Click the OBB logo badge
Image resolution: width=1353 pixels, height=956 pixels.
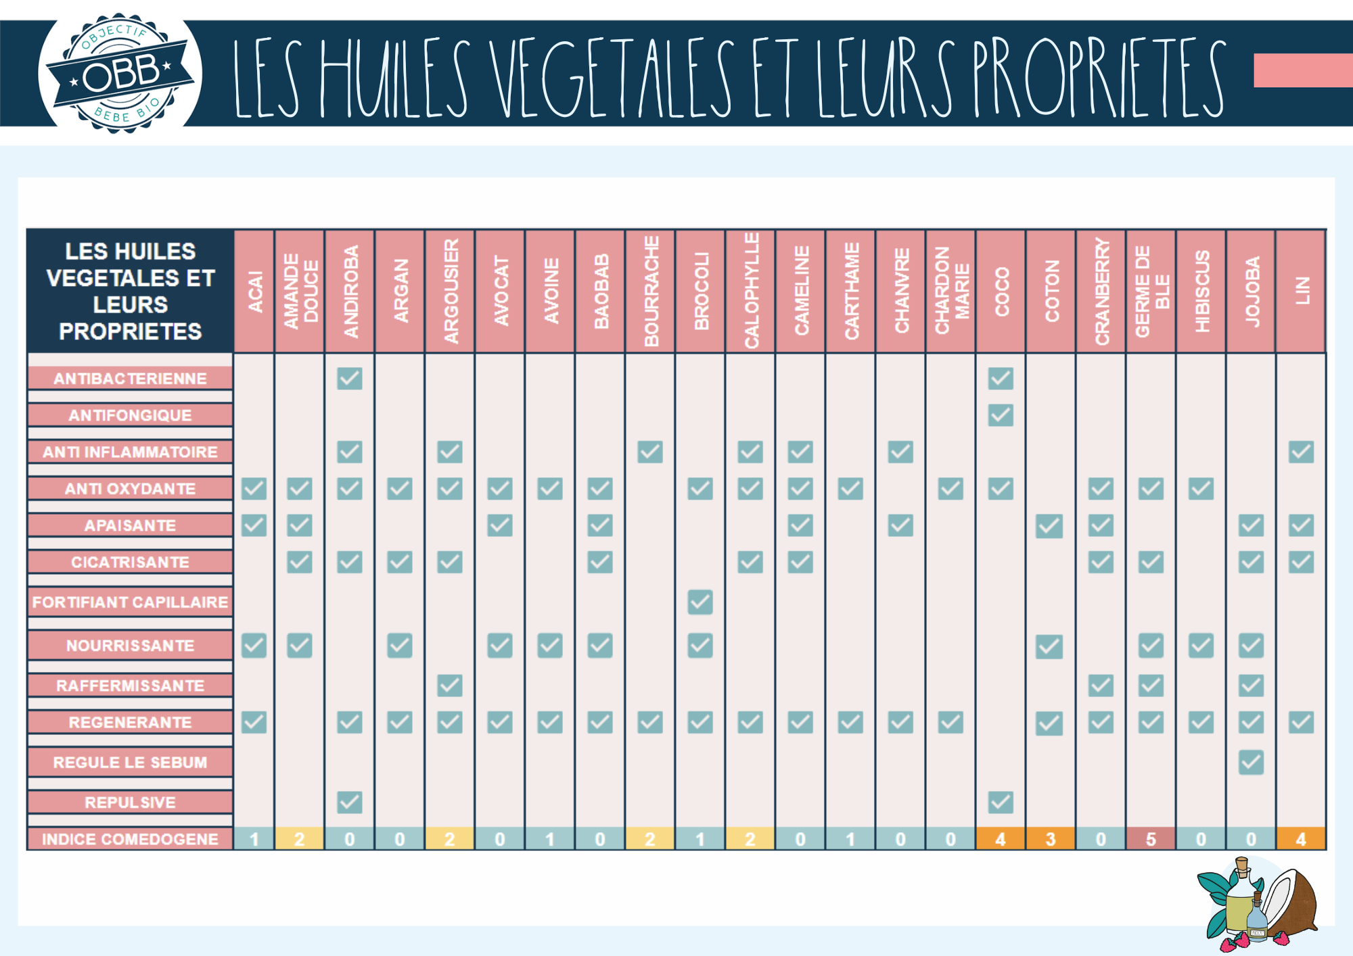coord(120,73)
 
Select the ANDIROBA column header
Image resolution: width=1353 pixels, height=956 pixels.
coord(350,291)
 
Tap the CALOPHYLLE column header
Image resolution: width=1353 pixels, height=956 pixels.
coord(750,291)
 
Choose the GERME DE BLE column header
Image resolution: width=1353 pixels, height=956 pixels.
coord(1151,291)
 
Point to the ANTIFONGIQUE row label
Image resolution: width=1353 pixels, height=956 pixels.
coord(130,415)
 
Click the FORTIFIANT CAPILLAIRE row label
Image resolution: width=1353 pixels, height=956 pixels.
coord(130,602)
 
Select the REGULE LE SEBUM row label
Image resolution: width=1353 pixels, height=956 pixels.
coord(130,762)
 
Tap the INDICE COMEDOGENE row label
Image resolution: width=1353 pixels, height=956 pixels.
coord(130,839)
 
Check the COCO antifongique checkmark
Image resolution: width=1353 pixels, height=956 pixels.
coord(1001,415)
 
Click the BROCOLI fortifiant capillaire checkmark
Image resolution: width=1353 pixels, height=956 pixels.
coord(700,602)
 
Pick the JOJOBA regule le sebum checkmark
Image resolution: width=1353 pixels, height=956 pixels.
coord(1251,763)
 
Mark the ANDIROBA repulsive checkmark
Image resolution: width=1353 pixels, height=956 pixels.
coord(350,803)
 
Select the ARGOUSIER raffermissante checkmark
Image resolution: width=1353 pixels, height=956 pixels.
coord(450,686)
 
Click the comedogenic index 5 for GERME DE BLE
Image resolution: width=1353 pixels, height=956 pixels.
coord(1151,839)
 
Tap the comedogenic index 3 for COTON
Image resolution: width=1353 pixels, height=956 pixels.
coord(1051,839)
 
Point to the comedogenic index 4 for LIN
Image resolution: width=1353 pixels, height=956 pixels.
coord(1301,839)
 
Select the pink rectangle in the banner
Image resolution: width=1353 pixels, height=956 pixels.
coord(1302,70)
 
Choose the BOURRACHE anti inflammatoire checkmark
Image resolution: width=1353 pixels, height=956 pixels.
coord(650,452)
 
